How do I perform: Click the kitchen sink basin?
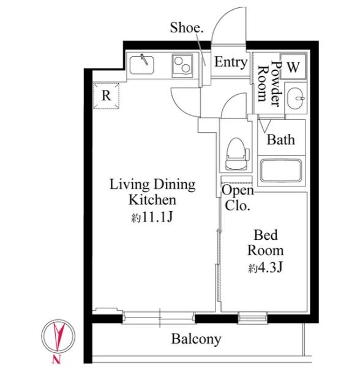[141, 65]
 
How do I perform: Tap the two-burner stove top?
[182, 65]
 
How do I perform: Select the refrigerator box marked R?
[106, 96]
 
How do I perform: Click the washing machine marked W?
[293, 67]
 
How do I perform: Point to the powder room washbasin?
[296, 98]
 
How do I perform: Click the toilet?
[237, 154]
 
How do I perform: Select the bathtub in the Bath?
[281, 171]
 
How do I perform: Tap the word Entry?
[231, 62]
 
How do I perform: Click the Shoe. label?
[187, 28]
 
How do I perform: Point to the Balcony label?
[196, 339]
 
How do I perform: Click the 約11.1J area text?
[152, 217]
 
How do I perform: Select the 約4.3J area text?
[266, 267]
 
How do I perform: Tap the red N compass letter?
[56, 358]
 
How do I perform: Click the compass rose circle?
[58, 336]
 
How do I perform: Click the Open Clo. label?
[238, 198]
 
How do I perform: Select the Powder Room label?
[269, 84]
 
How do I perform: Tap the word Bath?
[281, 139]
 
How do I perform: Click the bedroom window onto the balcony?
[252, 318]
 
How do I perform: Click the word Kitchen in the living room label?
[152, 200]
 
